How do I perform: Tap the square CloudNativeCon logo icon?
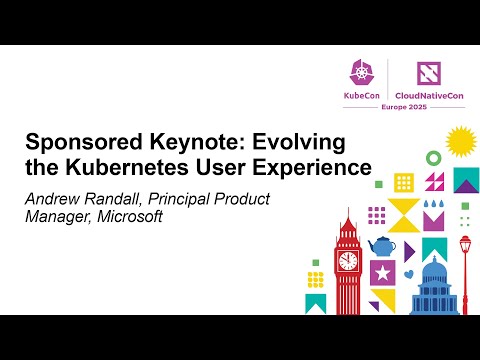click(x=420, y=72)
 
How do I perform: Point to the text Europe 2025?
click(x=392, y=108)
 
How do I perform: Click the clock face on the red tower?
click(x=348, y=260)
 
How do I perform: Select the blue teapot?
click(x=382, y=246)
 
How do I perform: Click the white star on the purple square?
click(x=381, y=272)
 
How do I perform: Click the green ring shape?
click(x=433, y=158)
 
